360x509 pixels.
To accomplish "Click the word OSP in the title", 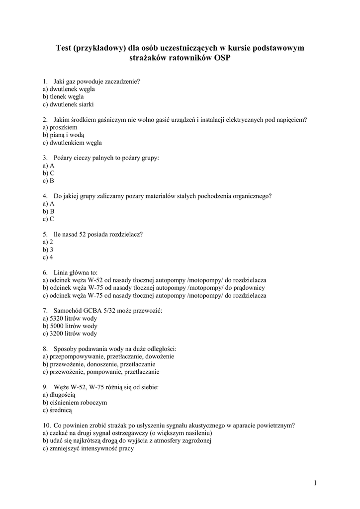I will pyautogui.click(x=222, y=58).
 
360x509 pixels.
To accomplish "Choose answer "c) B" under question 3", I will pyautogui.click(x=48, y=181).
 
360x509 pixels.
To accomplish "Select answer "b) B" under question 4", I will pyautogui.click(x=48, y=211).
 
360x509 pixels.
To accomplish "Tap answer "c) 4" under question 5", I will pyautogui.click(x=48, y=257).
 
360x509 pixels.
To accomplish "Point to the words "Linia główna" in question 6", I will pyautogui.click(x=73, y=272).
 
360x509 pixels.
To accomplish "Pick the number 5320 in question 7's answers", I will pyautogui.click(x=57, y=318).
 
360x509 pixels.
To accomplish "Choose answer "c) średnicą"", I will pyautogui.click(x=58, y=410).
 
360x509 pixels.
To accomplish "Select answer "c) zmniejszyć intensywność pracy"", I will pyautogui.click(x=89, y=448).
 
